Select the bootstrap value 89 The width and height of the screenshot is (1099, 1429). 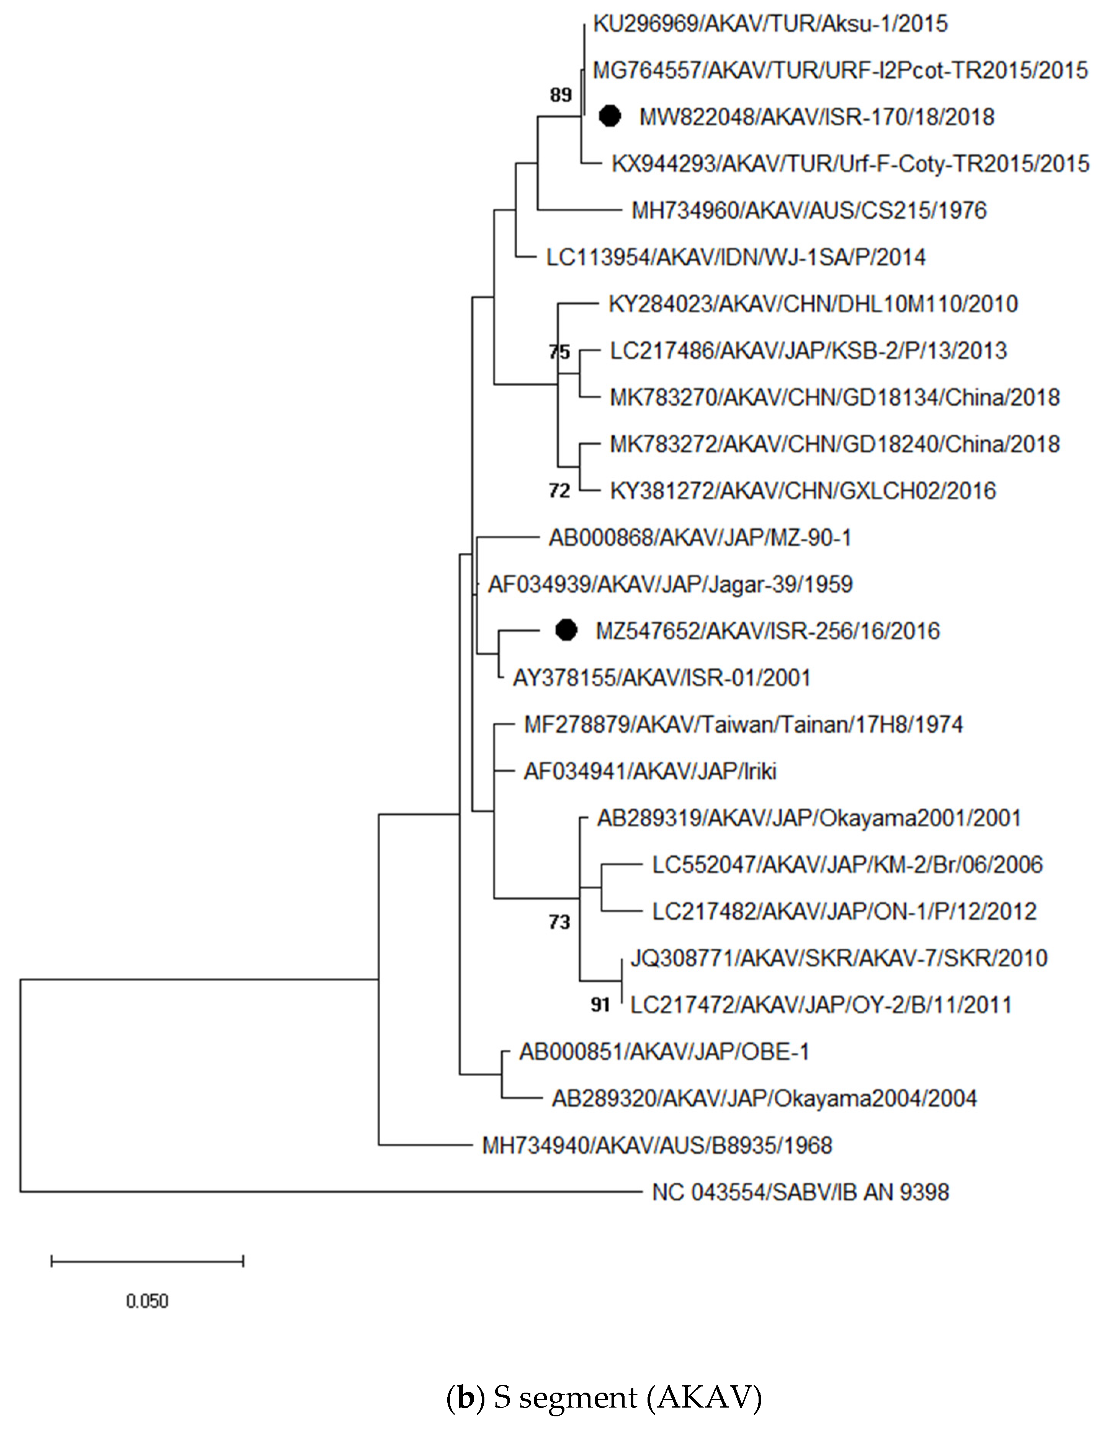[x=561, y=95]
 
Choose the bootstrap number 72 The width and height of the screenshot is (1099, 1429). [x=560, y=490]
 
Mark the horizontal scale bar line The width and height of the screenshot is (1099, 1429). [x=147, y=1261]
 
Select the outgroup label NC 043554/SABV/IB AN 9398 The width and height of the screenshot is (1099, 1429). [x=800, y=1192]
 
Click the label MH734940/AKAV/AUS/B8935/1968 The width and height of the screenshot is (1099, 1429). [x=657, y=1145]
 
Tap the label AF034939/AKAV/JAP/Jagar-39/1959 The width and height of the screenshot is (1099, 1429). [x=670, y=584]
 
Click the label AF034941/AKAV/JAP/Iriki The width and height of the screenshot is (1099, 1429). [x=649, y=771]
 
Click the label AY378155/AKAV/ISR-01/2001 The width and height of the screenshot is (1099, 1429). [x=661, y=678]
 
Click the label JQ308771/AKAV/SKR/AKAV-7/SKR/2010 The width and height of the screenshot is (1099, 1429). [x=839, y=958]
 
